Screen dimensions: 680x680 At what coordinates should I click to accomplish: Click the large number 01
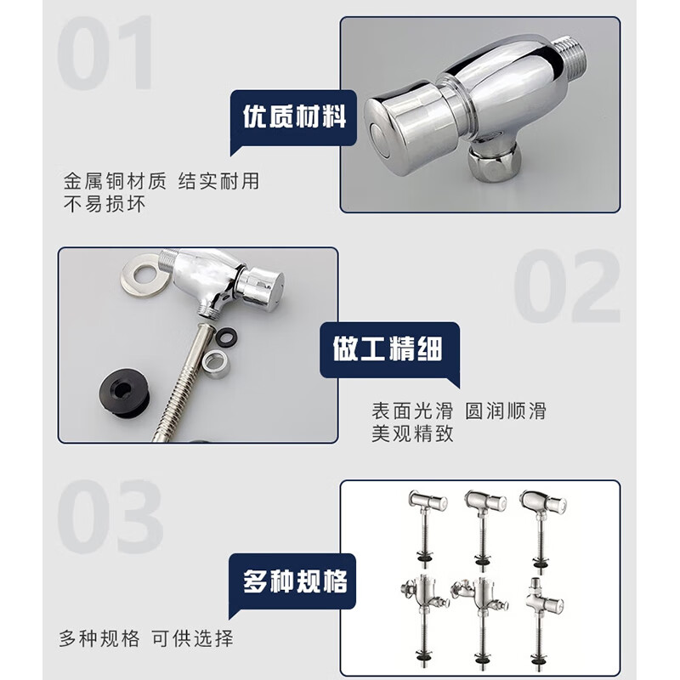[107, 53]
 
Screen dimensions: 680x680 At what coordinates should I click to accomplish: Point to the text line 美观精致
[412, 434]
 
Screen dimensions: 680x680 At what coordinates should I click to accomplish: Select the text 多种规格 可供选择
[145, 638]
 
